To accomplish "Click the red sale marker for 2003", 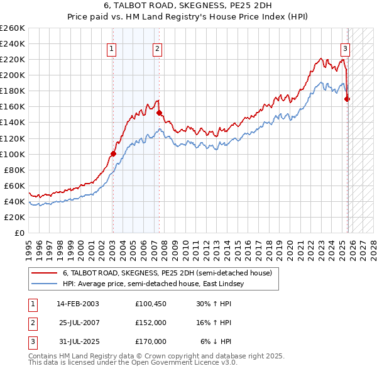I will click(113, 153).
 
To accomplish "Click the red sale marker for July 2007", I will click(159, 113).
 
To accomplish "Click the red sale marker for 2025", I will click(347, 99).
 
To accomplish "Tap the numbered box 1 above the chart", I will click(111, 48).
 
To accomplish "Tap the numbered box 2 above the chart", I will click(156, 48).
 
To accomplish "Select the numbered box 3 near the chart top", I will click(345, 48).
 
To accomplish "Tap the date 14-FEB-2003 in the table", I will click(77, 304).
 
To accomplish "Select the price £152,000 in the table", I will click(151, 323).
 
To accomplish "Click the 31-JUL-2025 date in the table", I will click(77, 341).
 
